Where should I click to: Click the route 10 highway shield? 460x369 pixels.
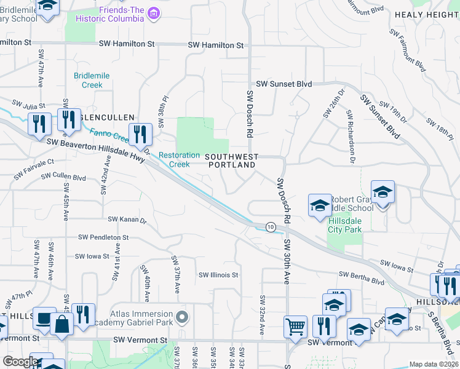pyautogui.click(x=271, y=228)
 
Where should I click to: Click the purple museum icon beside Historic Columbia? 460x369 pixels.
pyautogui.click(x=154, y=13)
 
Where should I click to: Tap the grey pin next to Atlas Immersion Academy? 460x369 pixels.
pyautogui.click(x=181, y=317)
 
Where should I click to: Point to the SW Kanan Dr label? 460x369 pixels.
pyautogui.click(x=127, y=220)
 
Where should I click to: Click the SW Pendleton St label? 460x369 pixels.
pyautogui.click(x=103, y=237)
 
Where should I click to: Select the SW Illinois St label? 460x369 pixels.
pyautogui.click(x=218, y=275)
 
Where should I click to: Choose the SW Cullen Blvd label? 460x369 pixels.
pyautogui.click(x=63, y=177)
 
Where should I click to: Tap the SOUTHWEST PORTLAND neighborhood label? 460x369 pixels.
pyautogui.click(x=232, y=161)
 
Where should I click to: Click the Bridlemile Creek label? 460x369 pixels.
pyautogui.click(x=92, y=80)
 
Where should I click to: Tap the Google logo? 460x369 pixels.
pyautogui.click(x=20, y=362)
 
